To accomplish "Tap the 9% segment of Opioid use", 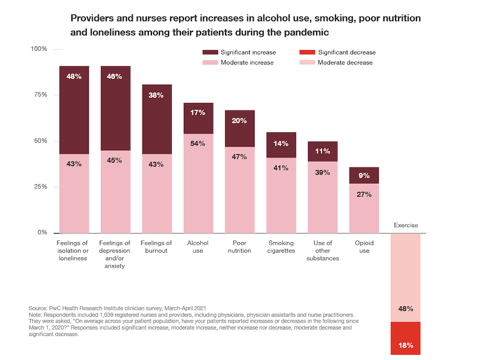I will [x=364, y=175].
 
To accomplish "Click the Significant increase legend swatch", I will [x=210, y=52].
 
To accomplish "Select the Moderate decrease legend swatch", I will [x=307, y=62].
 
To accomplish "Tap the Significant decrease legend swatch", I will [x=307, y=52].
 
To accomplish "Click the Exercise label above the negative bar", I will [x=406, y=225].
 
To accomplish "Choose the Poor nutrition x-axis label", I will [x=239, y=247].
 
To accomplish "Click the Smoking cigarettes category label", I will [x=281, y=247].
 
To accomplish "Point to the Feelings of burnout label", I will [x=156, y=247].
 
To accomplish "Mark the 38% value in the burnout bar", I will [x=157, y=95].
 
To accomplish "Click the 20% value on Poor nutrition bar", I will [x=239, y=121].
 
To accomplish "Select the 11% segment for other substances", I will [x=322, y=151].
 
